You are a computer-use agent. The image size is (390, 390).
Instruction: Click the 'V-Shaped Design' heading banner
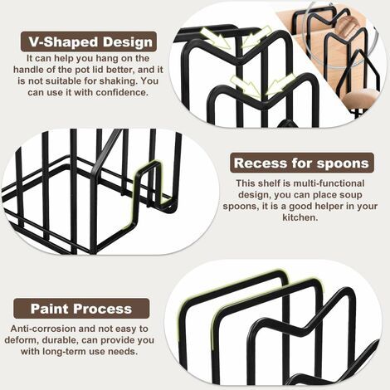click(x=89, y=41)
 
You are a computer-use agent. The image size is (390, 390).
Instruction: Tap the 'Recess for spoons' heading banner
click(x=301, y=163)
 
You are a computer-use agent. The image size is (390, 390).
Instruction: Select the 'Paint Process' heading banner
click(x=81, y=309)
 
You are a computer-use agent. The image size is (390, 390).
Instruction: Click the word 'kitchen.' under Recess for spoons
click(x=300, y=217)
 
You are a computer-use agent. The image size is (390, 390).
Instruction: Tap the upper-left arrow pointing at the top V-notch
click(x=217, y=38)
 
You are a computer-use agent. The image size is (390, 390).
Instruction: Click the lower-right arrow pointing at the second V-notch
click(x=280, y=85)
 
